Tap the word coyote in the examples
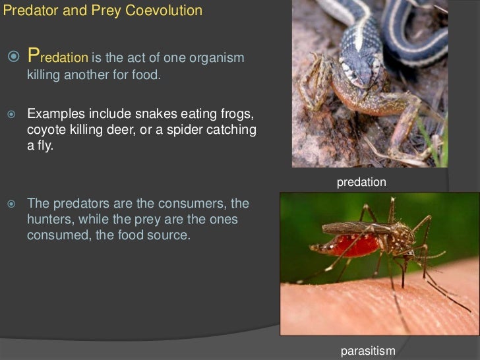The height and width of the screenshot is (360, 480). point(46,131)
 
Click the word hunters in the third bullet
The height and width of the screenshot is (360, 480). point(49,219)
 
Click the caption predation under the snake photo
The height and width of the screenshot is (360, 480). point(361,182)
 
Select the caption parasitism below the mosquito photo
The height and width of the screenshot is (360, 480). point(368,351)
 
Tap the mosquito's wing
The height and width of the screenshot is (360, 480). point(356,227)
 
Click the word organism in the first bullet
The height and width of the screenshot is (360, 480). point(217,58)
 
